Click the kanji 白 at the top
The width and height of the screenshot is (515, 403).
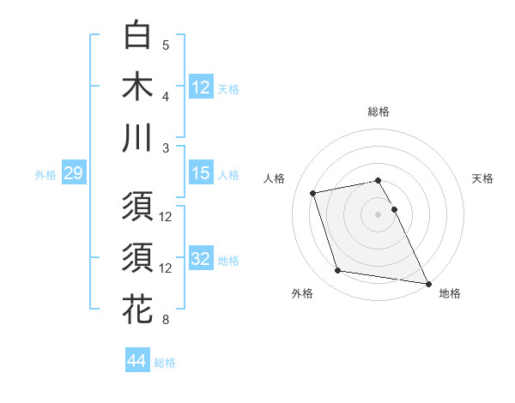tap(138, 36)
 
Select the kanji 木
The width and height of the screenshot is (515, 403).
tap(138, 87)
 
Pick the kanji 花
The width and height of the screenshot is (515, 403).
tap(138, 309)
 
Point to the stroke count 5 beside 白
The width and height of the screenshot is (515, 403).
tap(166, 45)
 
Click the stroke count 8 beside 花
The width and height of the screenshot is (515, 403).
tap(166, 321)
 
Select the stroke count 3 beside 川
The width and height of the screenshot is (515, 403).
tap(166, 147)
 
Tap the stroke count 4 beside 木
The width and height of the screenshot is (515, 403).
tap(166, 97)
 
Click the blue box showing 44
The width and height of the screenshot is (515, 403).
tap(136, 362)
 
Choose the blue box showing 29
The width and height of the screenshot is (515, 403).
tap(73, 174)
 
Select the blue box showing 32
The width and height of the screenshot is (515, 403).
tap(201, 259)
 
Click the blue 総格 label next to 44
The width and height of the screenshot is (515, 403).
tap(165, 363)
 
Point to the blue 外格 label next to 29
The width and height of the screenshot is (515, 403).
tap(45, 175)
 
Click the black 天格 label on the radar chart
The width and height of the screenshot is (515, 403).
tap(482, 178)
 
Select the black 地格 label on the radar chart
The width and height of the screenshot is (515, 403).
tap(450, 294)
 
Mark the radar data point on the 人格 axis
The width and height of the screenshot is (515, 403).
tap(313, 192)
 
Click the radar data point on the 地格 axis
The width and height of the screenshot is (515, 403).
tap(428, 282)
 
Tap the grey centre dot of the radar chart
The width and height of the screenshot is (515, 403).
tap(379, 214)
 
